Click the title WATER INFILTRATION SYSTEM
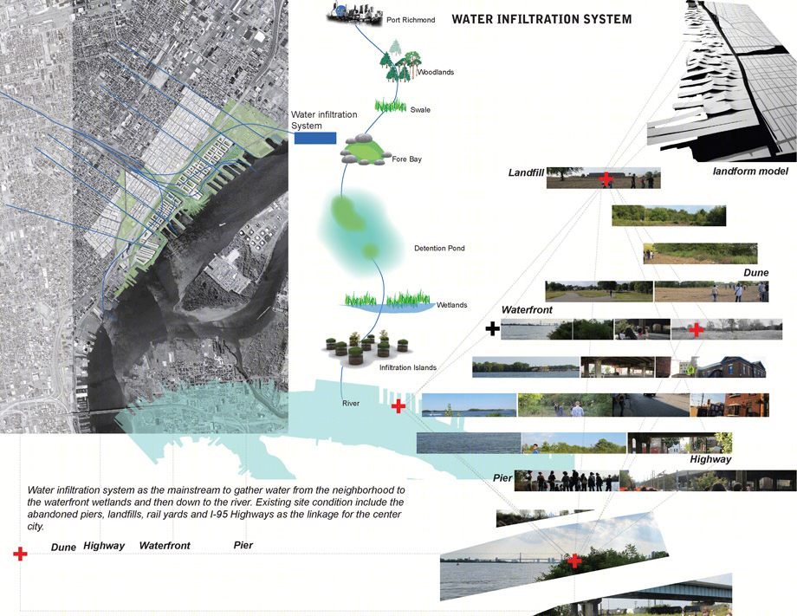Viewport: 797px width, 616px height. [541, 19]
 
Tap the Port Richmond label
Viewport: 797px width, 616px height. [411, 20]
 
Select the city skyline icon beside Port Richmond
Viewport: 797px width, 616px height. [354, 14]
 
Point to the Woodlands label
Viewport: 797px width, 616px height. [436, 72]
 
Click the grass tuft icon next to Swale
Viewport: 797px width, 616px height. [391, 105]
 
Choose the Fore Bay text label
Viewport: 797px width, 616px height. [406, 159]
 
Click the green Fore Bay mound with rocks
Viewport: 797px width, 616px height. [362, 149]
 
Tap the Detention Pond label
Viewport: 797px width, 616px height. [439, 248]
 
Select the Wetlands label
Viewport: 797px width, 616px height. [452, 305]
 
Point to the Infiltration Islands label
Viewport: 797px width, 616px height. [408, 367]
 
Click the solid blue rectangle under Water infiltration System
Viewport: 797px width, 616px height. [315, 138]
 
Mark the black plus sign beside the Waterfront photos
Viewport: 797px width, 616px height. [492, 328]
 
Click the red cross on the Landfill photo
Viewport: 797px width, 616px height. [606, 178]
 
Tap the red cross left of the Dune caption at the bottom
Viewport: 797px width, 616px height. [20, 554]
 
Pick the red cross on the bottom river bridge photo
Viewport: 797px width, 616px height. [574, 561]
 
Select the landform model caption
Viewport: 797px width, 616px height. [750, 172]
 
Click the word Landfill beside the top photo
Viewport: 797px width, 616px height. [526, 172]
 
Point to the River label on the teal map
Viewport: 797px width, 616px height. [351, 403]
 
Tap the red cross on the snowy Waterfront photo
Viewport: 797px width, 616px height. [697, 330]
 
